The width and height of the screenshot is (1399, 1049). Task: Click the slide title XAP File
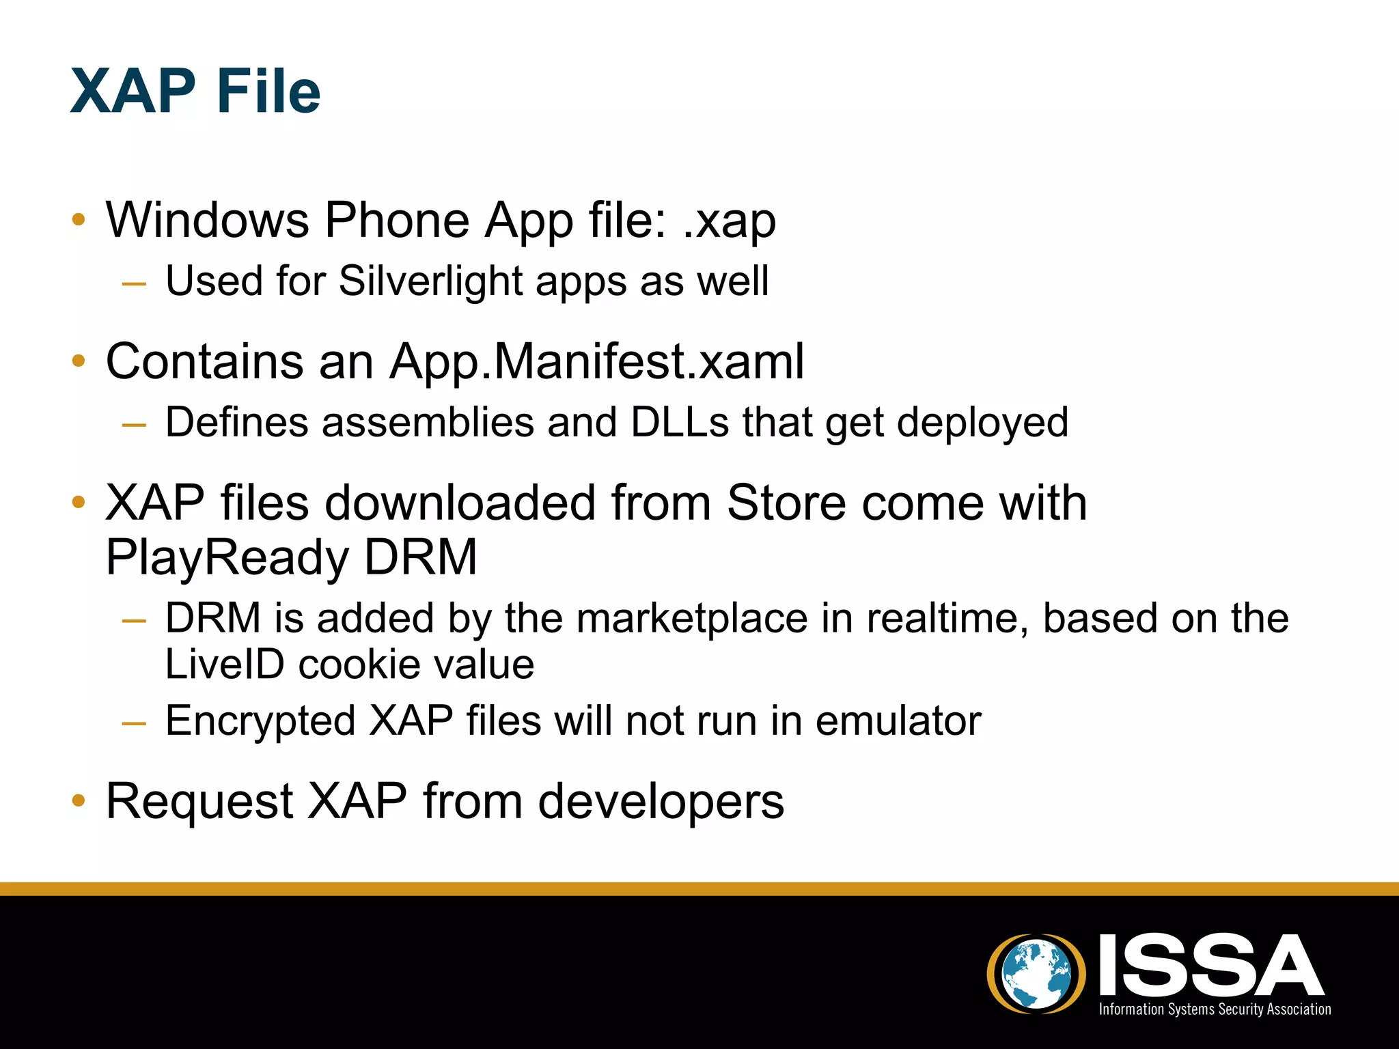pyautogui.click(x=195, y=92)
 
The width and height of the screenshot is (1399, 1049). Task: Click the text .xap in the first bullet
pyautogui.click(x=730, y=221)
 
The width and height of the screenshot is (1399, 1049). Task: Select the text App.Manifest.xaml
pyautogui.click(x=596, y=361)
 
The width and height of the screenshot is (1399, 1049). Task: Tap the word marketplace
pyautogui.click(x=692, y=618)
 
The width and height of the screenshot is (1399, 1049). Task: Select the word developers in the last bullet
pyautogui.click(x=661, y=801)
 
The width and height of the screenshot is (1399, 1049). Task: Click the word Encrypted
pyautogui.click(x=260, y=721)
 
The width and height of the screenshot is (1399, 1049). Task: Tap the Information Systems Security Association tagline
pyautogui.click(x=1215, y=1009)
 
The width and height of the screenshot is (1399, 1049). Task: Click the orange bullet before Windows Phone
pyautogui.click(x=79, y=220)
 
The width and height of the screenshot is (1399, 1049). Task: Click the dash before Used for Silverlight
pyautogui.click(x=134, y=282)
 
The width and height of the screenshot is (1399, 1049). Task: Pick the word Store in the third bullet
pyautogui.click(x=786, y=503)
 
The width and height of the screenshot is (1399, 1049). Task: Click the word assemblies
pyautogui.click(x=428, y=422)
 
